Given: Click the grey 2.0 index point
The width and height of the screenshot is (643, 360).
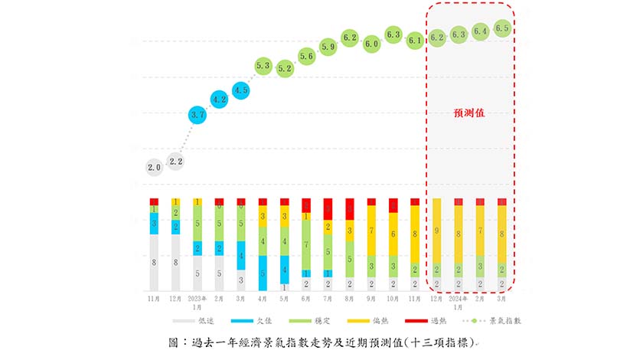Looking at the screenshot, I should tap(154, 167).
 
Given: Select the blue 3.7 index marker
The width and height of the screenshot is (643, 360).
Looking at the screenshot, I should tap(197, 115).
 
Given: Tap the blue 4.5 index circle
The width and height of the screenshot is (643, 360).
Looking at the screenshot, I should tap(241, 91).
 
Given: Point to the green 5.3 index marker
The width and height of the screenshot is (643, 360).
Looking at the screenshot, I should tap(263, 66).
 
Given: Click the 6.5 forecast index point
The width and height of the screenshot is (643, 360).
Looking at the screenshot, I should tap(502, 28).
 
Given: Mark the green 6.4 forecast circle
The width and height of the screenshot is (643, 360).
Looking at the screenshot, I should tap(481, 31).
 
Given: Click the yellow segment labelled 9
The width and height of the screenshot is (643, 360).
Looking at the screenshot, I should tap(437, 229).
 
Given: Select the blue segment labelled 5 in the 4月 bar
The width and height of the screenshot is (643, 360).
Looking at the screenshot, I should tap(263, 273).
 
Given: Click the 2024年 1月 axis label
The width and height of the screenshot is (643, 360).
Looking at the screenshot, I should tap(459, 300).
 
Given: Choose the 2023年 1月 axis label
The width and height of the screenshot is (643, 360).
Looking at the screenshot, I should tap(197, 300).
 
